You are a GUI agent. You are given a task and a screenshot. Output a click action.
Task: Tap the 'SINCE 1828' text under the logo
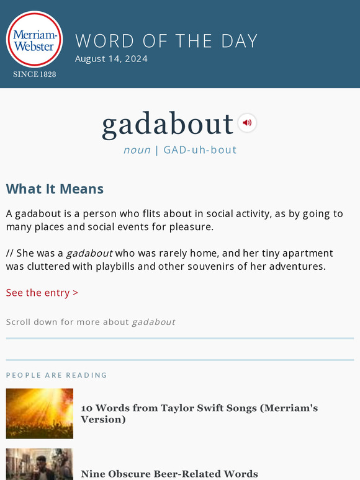point(35,74)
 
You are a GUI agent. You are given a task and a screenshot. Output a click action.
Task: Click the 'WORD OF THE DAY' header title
point(166,41)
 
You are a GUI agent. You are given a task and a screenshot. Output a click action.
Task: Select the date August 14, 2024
point(111,59)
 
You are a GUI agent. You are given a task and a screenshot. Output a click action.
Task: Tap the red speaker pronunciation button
point(247,123)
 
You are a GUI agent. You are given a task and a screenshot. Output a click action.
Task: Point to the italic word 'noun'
point(137,150)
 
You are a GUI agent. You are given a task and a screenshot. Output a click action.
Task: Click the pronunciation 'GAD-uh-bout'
point(200,150)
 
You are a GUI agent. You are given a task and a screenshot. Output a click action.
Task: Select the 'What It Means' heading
point(55,189)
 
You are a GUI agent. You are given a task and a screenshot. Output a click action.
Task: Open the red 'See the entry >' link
point(42,293)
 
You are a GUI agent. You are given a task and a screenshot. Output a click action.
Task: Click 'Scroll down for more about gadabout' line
point(91,322)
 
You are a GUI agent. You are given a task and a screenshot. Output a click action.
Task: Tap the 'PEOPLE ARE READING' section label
point(56,375)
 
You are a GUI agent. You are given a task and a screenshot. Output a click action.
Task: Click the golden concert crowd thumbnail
point(40,414)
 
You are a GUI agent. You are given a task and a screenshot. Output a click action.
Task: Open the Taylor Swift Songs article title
point(199,414)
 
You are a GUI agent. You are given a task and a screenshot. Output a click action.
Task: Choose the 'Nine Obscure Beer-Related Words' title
point(169,474)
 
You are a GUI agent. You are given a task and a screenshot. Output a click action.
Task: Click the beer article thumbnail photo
point(40,465)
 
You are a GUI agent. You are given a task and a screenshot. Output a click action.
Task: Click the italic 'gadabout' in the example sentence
point(89,253)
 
